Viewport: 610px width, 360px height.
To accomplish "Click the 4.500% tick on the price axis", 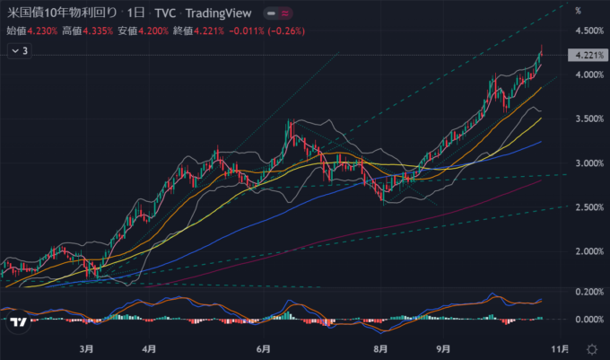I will (588, 31).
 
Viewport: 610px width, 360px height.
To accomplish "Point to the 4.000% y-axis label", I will (588, 75).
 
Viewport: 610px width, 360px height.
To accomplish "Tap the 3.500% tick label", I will (588, 119).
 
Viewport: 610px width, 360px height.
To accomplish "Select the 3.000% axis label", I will (588, 163).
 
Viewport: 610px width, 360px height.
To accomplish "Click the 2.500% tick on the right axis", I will (588, 207).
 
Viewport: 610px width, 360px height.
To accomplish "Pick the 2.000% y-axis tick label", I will (588, 251).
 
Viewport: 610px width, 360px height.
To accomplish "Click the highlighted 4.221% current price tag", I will (588, 56).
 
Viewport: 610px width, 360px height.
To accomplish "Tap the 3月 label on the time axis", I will (87, 347).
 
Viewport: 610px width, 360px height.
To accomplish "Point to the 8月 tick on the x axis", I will (380, 347).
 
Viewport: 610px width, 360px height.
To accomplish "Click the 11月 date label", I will (559, 347).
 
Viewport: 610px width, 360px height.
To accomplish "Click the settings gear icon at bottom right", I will (591, 347).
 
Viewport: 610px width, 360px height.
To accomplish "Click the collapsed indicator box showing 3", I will (20, 51).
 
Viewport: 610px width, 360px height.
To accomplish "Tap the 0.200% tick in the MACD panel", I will (588, 293).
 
